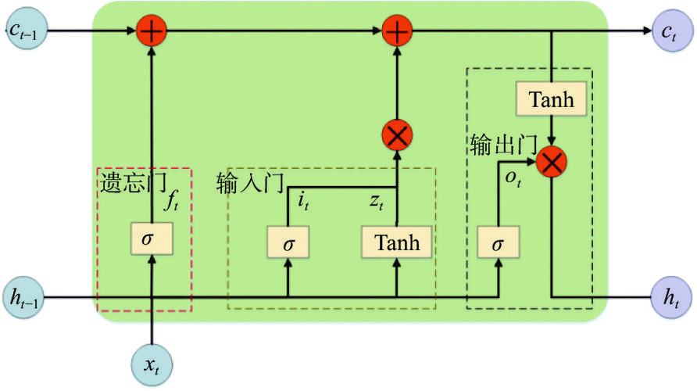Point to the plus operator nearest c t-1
[x=151, y=32]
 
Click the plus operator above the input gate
[x=398, y=32]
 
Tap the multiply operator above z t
[x=398, y=136]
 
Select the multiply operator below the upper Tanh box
[x=553, y=162]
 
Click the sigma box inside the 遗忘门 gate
[x=151, y=240]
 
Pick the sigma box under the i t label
[x=289, y=243]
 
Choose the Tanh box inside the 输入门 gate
[x=397, y=243]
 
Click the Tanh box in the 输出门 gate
[x=552, y=99]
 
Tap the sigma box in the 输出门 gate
[x=498, y=243]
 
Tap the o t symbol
[x=513, y=178]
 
